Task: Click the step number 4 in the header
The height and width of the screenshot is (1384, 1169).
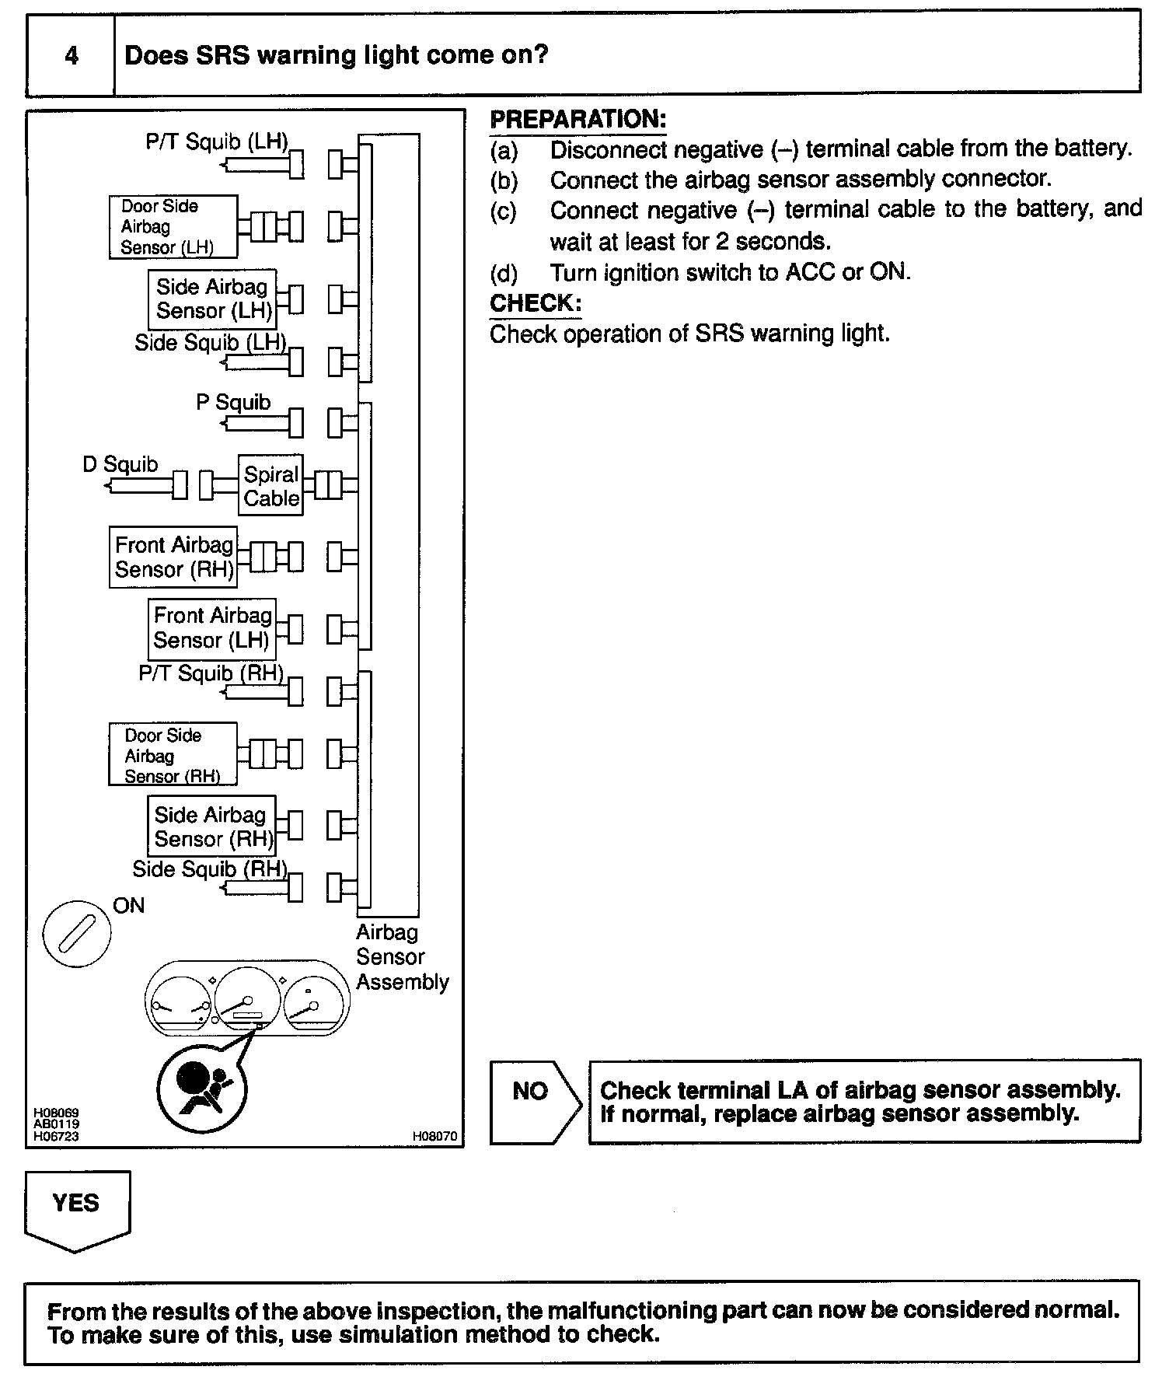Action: [x=71, y=56]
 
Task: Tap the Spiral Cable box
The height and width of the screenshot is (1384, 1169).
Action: [x=270, y=486]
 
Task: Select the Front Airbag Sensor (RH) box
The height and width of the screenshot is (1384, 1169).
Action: [x=173, y=557]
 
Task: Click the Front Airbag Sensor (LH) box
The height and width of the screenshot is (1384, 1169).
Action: [x=211, y=628]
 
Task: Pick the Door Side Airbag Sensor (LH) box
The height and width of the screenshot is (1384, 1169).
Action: [x=173, y=227]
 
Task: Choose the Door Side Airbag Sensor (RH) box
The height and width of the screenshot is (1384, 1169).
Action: [x=173, y=755]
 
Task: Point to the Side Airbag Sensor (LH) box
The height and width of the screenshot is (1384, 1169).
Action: [x=212, y=299]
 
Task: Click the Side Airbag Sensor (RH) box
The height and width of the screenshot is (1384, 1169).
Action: [x=211, y=827]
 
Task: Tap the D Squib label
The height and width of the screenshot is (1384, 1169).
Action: [x=120, y=465]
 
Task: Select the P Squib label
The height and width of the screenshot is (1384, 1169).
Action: [x=233, y=403]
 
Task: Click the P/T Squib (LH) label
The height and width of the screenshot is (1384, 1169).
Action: [x=217, y=142]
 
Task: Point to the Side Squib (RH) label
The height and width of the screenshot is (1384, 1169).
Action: [x=209, y=869]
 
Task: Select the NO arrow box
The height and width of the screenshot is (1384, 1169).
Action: [x=535, y=1101]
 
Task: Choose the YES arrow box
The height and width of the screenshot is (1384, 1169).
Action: [x=77, y=1208]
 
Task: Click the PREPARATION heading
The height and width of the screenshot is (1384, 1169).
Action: [x=578, y=120]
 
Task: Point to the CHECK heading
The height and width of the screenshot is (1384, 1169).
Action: [x=536, y=303]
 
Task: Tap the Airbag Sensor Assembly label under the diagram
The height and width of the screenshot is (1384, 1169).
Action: [x=401, y=957]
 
